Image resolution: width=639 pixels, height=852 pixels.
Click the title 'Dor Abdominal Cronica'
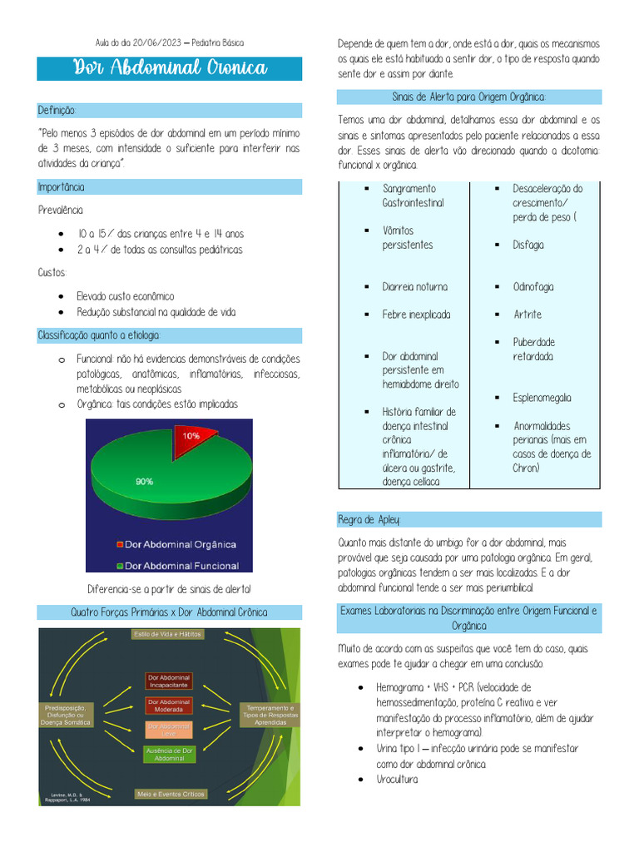point(169,68)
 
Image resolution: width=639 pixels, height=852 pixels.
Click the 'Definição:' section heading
point(57,111)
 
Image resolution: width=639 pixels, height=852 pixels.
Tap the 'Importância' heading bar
point(61,187)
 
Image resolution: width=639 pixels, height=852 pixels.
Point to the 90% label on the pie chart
point(144,481)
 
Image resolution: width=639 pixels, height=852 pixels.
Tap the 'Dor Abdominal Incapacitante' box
point(169,681)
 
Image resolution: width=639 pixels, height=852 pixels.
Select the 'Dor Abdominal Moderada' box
point(169,706)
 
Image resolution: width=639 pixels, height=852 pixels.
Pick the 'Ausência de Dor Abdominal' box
point(169,755)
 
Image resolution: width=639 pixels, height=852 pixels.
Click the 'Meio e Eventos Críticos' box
point(171,795)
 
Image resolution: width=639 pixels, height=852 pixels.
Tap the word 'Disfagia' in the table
point(528,245)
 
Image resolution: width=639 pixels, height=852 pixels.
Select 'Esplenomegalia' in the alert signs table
point(542,398)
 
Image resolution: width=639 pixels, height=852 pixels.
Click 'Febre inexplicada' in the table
point(416,315)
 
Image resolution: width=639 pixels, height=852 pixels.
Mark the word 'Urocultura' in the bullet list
point(397,780)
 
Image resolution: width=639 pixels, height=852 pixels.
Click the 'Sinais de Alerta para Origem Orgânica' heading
point(468,97)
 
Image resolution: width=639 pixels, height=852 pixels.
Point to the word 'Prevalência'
point(61,211)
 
